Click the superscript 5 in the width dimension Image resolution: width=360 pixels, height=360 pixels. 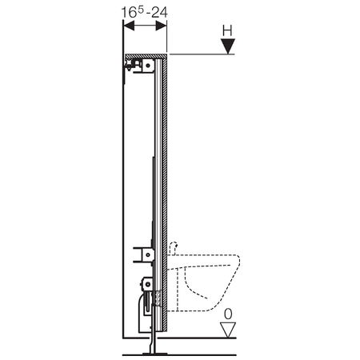[x=141, y=10]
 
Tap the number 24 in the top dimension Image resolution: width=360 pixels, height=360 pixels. [x=159, y=12]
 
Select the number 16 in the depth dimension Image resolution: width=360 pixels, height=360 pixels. [x=129, y=13]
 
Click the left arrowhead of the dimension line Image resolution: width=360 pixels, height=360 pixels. [x=129, y=26]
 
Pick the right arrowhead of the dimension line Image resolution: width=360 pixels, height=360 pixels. [x=162, y=26]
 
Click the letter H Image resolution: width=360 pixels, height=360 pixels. [x=227, y=30]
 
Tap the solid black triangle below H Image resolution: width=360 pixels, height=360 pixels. [x=228, y=46]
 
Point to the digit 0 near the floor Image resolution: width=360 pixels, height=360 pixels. [x=228, y=314]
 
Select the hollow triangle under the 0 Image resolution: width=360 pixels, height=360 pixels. [x=228, y=330]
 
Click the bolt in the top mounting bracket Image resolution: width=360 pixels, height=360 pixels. [x=148, y=65]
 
